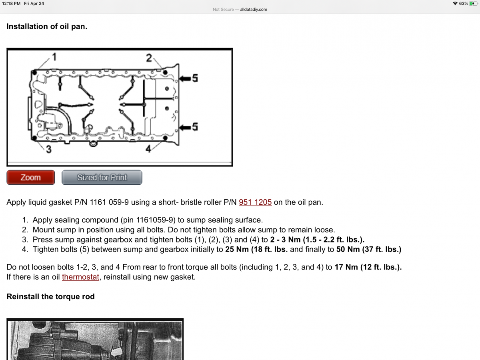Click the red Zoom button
click(x=31, y=178)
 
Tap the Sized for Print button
click(x=102, y=178)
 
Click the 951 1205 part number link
click(x=255, y=202)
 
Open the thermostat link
click(x=80, y=277)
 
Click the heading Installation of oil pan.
click(x=47, y=27)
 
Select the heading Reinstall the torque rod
click(x=50, y=297)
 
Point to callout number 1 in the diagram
click(x=54, y=57)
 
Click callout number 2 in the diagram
click(x=149, y=58)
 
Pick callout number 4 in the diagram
click(x=148, y=149)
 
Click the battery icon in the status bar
click(x=473, y=3)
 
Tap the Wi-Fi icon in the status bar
click(x=455, y=3)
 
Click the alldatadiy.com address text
click(x=253, y=9)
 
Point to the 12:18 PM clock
click(x=11, y=3)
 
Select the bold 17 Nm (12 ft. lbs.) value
click(x=368, y=267)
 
